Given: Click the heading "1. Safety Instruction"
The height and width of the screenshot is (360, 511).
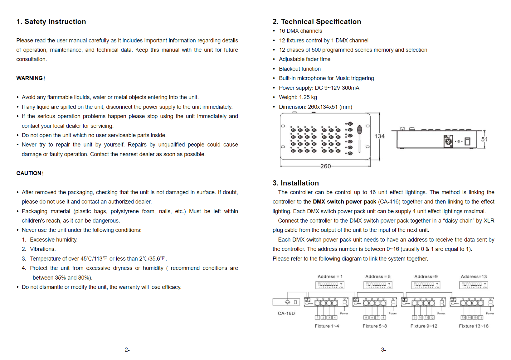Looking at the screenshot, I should click(x=51, y=22).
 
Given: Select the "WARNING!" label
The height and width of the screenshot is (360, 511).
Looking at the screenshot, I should click(x=31, y=78).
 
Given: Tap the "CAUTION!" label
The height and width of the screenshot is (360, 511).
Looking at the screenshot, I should click(x=30, y=173).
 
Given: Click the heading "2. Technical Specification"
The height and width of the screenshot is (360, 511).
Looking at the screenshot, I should click(x=317, y=22).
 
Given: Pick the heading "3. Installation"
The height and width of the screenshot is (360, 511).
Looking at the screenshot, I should click(x=296, y=183).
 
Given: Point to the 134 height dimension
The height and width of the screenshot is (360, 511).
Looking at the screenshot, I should click(x=379, y=136).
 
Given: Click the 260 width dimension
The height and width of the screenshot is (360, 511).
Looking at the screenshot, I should click(x=325, y=166).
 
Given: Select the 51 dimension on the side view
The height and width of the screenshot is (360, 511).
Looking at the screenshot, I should click(x=484, y=139).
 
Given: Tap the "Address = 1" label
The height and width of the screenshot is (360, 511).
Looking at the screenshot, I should click(x=330, y=276).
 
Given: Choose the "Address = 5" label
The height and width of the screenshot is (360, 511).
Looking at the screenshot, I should click(x=378, y=276).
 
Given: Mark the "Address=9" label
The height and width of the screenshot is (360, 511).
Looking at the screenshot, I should click(x=426, y=276).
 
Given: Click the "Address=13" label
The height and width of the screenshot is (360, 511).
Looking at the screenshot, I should click(x=474, y=276).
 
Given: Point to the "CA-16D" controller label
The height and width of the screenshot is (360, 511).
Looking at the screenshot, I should click(x=286, y=313).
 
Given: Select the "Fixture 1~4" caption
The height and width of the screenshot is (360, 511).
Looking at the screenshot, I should click(x=327, y=326).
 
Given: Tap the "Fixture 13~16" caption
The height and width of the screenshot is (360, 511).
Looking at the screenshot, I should click(x=474, y=326).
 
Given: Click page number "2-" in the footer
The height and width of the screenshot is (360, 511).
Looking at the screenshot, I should click(x=127, y=350).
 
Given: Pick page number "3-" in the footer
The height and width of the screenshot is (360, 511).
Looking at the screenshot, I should click(x=383, y=350).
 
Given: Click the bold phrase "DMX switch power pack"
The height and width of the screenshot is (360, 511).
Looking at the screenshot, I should click(x=344, y=202).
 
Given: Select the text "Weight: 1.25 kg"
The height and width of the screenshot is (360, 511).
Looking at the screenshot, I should click(x=298, y=97).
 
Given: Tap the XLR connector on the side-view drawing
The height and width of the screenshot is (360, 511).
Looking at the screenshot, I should click(x=448, y=141).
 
